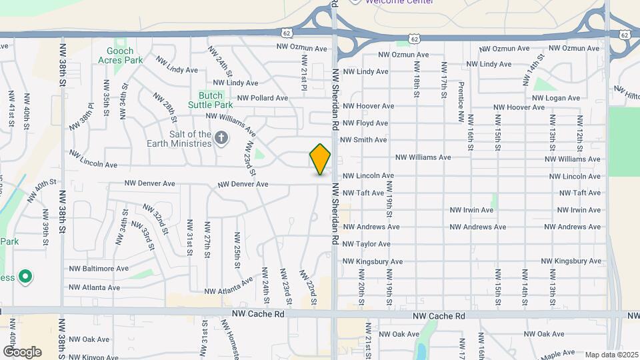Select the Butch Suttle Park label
215,100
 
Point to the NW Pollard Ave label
263,98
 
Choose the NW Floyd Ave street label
364,123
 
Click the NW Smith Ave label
363,140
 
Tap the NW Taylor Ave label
367,245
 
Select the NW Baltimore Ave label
99,269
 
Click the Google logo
22,351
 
